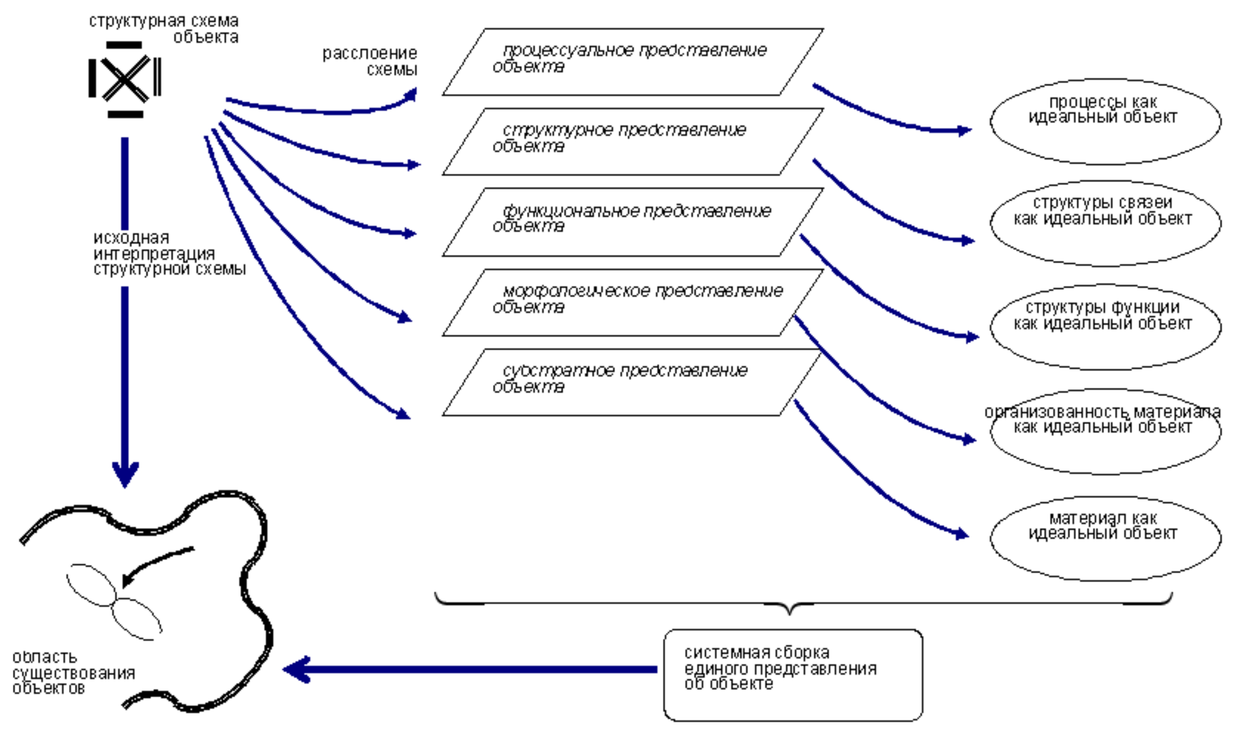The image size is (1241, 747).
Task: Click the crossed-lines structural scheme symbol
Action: (125, 79)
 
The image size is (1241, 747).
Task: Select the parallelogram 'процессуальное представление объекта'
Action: (633, 62)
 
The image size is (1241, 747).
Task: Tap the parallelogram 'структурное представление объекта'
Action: (633, 141)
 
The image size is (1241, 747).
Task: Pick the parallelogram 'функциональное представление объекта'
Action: (633, 222)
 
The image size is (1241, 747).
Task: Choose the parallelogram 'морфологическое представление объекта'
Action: (633, 303)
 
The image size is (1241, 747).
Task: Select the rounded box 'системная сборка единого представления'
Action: (793, 674)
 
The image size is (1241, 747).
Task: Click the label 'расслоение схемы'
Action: (370, 61)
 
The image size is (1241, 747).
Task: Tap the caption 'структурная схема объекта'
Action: (164, 29)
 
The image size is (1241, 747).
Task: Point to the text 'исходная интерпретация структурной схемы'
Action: (169, 254)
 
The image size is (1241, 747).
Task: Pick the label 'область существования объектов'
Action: (73, 673)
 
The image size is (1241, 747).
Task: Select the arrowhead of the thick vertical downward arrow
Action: (125, 474)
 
